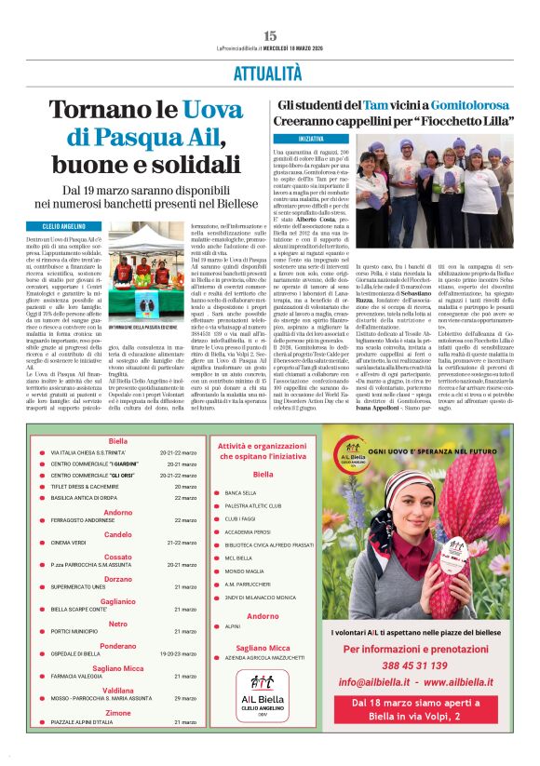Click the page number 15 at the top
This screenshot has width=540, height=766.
point(270,34)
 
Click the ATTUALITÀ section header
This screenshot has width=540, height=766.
point(268,72)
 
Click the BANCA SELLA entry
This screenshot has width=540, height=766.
point(240,492)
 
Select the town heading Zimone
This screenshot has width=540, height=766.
point(118,713)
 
